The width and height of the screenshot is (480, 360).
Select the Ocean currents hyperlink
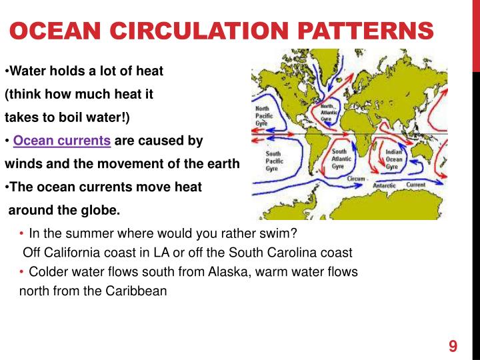62,141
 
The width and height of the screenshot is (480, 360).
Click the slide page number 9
453,345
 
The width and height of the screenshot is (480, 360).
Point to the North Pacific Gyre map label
263,115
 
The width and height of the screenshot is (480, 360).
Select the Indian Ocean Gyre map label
395,159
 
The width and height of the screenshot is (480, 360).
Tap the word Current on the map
416,184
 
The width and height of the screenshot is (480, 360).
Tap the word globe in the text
101,211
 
